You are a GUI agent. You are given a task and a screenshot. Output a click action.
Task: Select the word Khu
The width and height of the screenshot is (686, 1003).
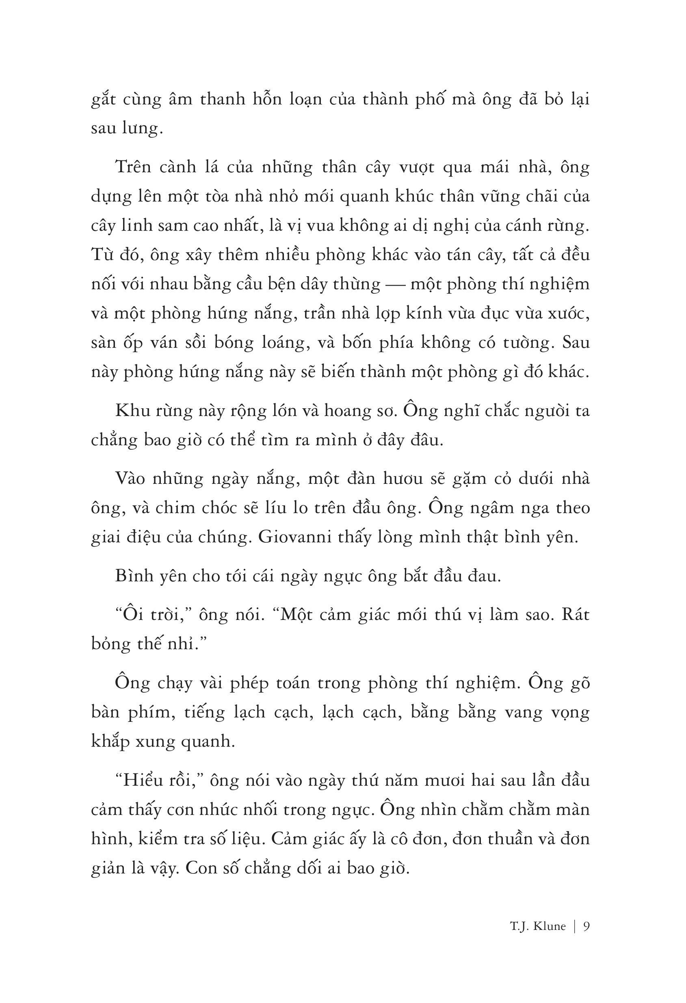pyautogui.click(x=130, y=410)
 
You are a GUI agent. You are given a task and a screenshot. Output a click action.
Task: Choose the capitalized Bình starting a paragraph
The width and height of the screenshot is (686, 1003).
pyautogui.click(x=133, y=576)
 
